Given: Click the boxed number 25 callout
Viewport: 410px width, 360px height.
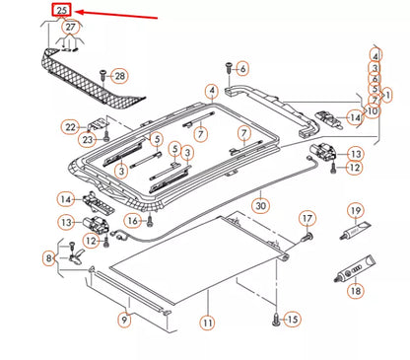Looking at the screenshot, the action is (62, 10).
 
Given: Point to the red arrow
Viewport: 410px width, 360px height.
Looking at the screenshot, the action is (116, 15).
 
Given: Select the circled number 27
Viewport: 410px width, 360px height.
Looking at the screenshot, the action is (71, 27).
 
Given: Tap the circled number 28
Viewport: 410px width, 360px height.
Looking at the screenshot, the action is (119, 76).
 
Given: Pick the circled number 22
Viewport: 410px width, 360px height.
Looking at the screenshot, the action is (70, 127).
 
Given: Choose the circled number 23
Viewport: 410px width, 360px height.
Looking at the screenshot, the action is (87, 140).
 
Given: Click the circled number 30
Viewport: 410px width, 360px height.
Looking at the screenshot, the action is (260, 206).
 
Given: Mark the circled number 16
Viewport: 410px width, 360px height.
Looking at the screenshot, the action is (133, 221).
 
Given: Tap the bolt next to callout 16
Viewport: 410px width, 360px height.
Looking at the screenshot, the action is (150, 220).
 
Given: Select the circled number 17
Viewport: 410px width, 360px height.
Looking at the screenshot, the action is (307, 219).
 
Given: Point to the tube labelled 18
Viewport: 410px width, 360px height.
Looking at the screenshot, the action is (354, 268).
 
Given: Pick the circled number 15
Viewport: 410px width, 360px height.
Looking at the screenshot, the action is (292, 319).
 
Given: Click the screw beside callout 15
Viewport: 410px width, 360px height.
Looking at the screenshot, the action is (276, 320).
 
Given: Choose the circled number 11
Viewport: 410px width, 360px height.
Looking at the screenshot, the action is (208, 323).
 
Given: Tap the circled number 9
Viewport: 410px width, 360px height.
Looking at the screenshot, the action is (124, 320).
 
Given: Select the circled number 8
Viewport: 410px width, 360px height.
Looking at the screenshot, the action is (49, 258).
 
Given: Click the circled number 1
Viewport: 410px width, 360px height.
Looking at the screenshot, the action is (387, 96).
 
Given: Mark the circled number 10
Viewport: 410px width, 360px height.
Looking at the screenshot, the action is (373, 111).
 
